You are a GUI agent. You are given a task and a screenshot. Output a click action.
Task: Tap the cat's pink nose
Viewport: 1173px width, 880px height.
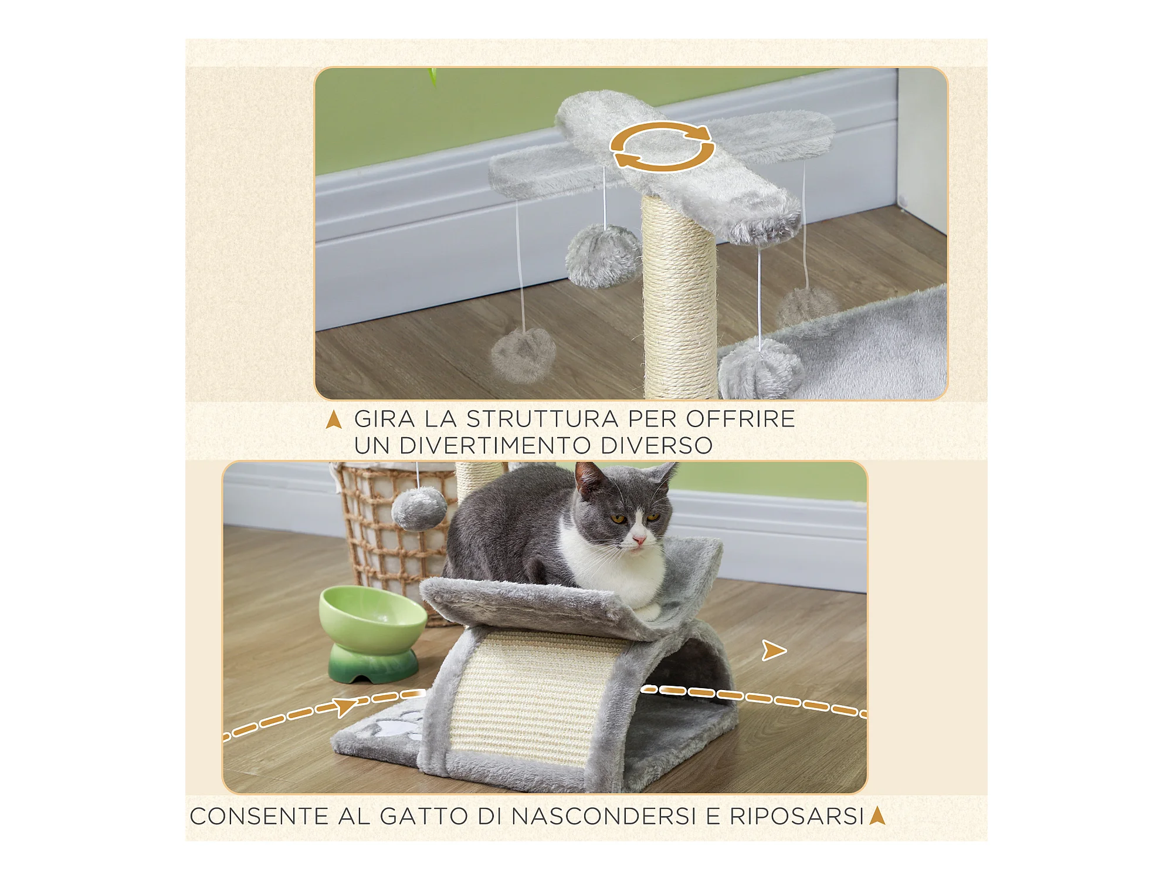pos(639,539)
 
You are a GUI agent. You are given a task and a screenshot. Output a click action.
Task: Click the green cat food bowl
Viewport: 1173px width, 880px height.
pos(372,634)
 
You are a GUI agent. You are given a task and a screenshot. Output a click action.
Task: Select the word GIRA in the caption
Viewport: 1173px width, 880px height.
pos(384,419)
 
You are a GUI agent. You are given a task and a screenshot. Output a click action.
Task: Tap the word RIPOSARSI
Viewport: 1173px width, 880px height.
pos(797,817)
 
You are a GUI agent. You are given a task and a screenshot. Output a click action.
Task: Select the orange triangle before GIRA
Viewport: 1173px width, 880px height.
pos(334,419)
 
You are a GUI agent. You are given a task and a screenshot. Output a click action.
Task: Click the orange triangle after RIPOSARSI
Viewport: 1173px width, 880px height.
pos(877,815)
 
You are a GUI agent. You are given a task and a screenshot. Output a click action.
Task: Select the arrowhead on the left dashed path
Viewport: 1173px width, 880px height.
pos(345,707)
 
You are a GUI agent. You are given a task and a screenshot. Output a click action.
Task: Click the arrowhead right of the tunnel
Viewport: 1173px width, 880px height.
pos(774,651)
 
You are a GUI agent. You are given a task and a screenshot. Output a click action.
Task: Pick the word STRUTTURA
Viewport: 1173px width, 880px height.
pos(543,419)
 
